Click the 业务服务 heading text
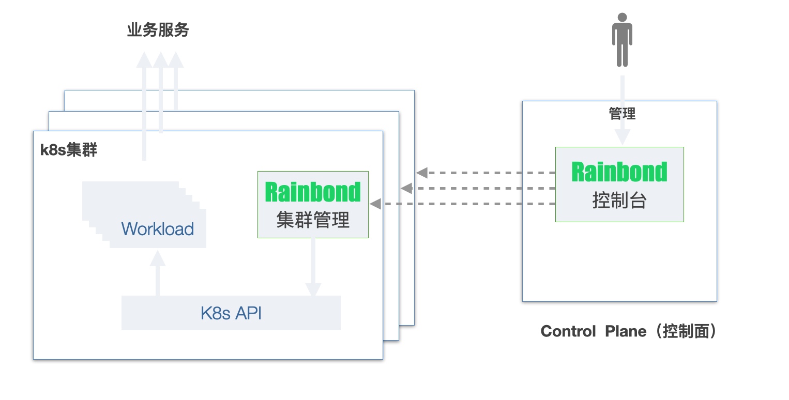click(x=158, y=30)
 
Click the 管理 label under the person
click(x=622, y=114)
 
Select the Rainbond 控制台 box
click(x=619, y=184)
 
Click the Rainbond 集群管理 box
click(x=313, y=205)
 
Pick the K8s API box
click(x=231, y=313)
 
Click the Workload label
click(x=158, y=228)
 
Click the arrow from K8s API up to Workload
click(x=158, y=274)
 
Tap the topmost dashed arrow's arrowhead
click(x=422, y=172)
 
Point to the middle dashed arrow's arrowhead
click(x=406, y=188)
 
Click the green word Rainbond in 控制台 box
click(x=619, y=172)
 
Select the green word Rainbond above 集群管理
click(x=313, y=192)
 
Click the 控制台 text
click(x=619, y=201)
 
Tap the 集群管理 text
click(x=313, y=221)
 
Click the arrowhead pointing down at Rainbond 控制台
click(x=622, y=137)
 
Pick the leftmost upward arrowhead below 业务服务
click(x=144, y=60)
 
